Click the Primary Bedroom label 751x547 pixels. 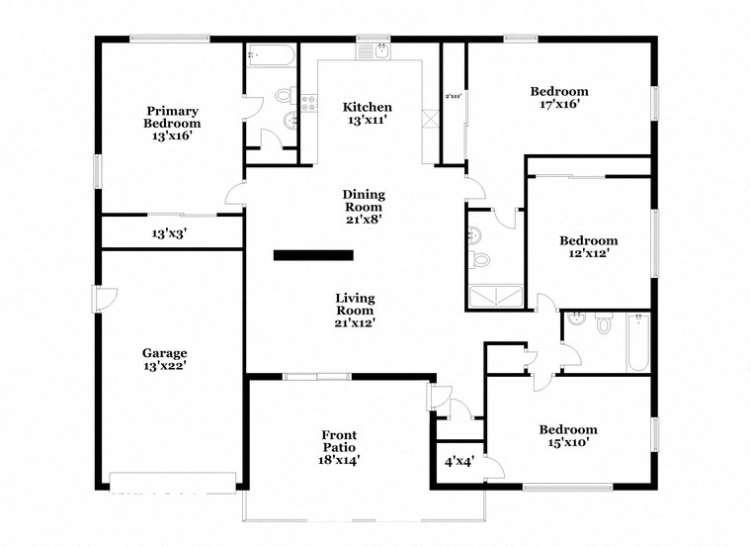(173, 124)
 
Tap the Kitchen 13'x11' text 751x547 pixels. (367, 113)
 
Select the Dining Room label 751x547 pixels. (364, 207)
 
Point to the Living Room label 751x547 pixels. (355, 310)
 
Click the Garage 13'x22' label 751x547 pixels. (164, 359)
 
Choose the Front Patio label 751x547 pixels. (339, 447)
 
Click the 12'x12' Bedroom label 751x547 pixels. (588, 246)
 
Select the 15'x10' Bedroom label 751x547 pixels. (567, 436)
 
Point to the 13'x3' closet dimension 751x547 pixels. (169, 234)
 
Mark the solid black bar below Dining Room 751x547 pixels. (313, 255)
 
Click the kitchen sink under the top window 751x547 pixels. (375, 49)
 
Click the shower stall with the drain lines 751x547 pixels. (494, 294)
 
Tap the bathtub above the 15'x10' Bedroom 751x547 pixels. (636, 342)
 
